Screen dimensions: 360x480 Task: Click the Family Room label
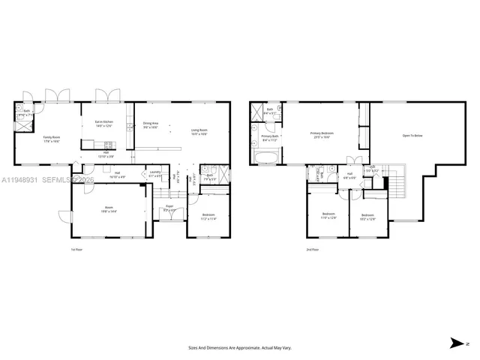[x=52, y=139]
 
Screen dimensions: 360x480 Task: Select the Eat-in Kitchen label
[x=103, y=123]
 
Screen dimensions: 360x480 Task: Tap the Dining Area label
[x=151, y=125]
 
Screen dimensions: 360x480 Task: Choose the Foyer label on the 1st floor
[x=169, y=208]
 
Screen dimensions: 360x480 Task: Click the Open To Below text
[x=412, y=136]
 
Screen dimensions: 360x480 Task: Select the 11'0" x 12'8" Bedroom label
[x=328, y=216]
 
